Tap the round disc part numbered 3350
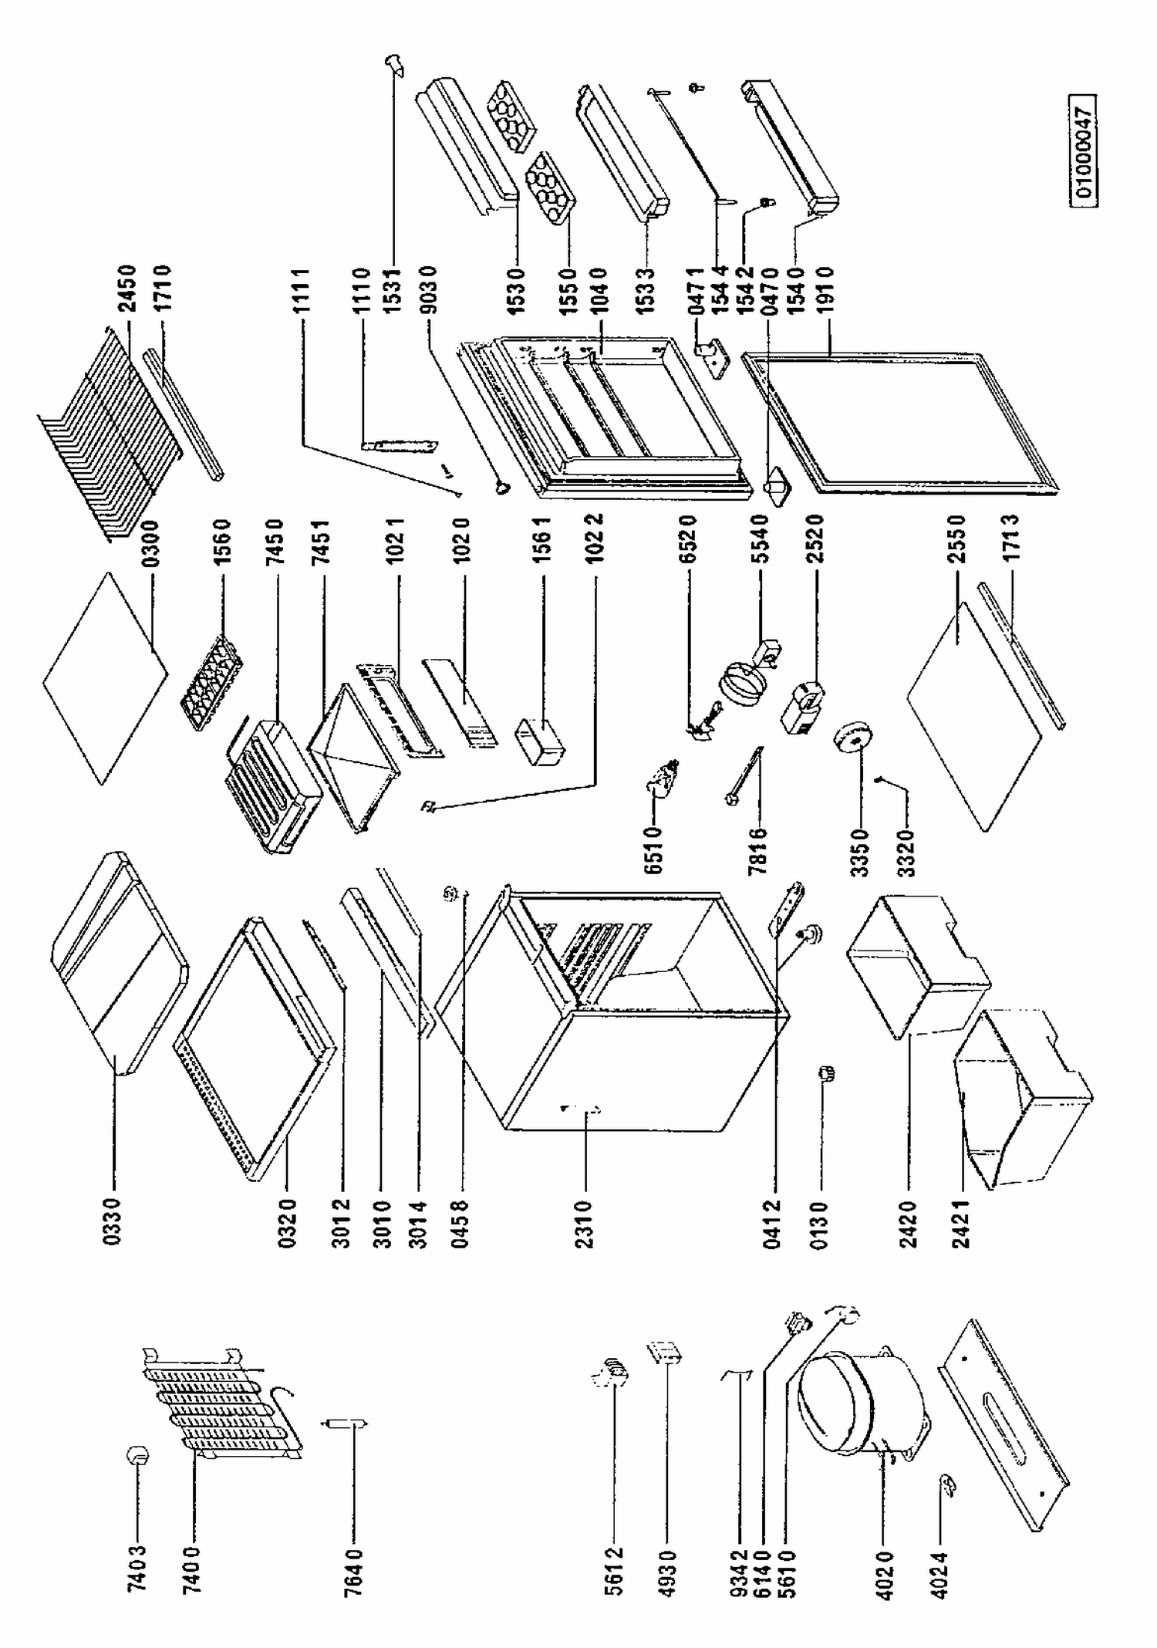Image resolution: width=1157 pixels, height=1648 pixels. click(852, 740)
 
